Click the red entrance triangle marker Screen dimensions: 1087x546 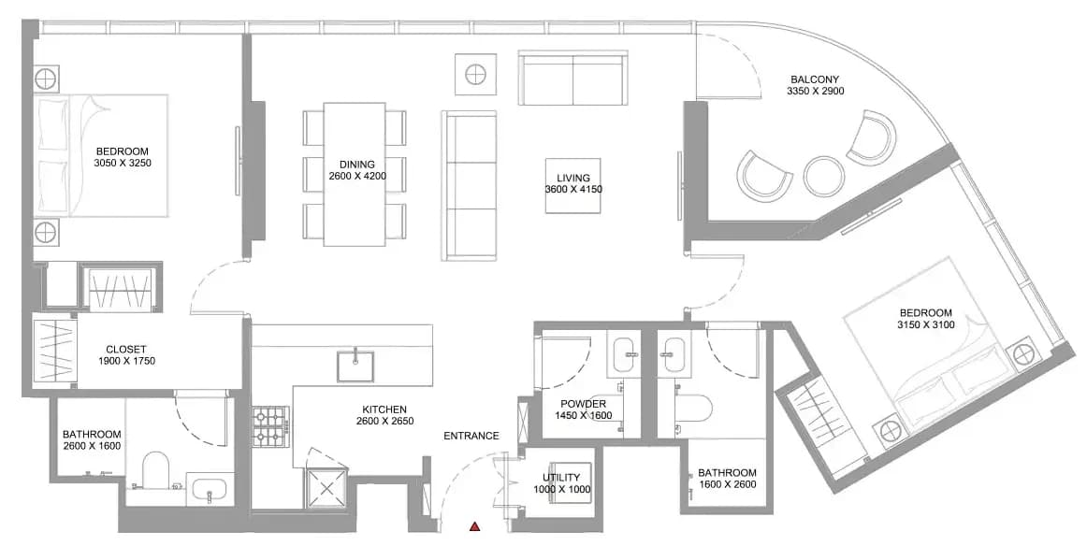click(x=475, y=526)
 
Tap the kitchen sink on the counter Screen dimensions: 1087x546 click(x=355, y=366)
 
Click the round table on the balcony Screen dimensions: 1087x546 click(x=823, y=177)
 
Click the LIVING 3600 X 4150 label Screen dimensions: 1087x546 click(x=572, y=183)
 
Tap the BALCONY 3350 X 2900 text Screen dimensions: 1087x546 click(x=816, y=85)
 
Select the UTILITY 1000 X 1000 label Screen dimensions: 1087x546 click(x=562, y=483)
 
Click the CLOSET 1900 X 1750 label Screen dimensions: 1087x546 click(x=126, y=355)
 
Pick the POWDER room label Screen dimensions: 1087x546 click(x=583, y=409)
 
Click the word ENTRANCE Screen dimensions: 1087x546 click(x=471, y=436)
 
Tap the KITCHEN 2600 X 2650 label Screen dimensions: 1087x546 click(x=384, y=415)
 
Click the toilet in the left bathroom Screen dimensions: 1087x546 click(x=156, y=470)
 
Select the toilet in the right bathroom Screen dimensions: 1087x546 click(x=692, y=409)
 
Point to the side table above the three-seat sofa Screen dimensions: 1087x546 click(x=475, y=74)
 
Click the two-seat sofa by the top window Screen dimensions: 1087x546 click(x=573, y=77)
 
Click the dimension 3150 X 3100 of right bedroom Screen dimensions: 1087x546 click(x=925, y=324)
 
